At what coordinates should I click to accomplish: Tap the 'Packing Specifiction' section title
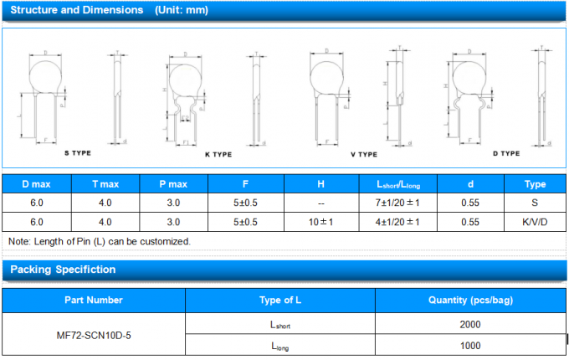[x=63, y=270]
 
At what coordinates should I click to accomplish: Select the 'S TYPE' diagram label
[x=78, y=154]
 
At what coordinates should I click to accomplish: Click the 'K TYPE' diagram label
[x=218, y=155]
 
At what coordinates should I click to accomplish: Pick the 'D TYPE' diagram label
[x=506, y=153]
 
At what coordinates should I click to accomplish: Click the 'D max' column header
[x=36, y=183]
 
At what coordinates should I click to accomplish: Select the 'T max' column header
[x=105, y=183]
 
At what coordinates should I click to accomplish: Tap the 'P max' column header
[x=173, y=183]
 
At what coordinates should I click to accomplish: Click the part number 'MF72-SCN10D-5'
[x=93, y=335]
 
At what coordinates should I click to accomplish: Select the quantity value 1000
[x=469, y=345]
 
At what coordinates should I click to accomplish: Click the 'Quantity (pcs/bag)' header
[x=469, y=300]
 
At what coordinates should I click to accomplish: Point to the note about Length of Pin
[x=100, y=241]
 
